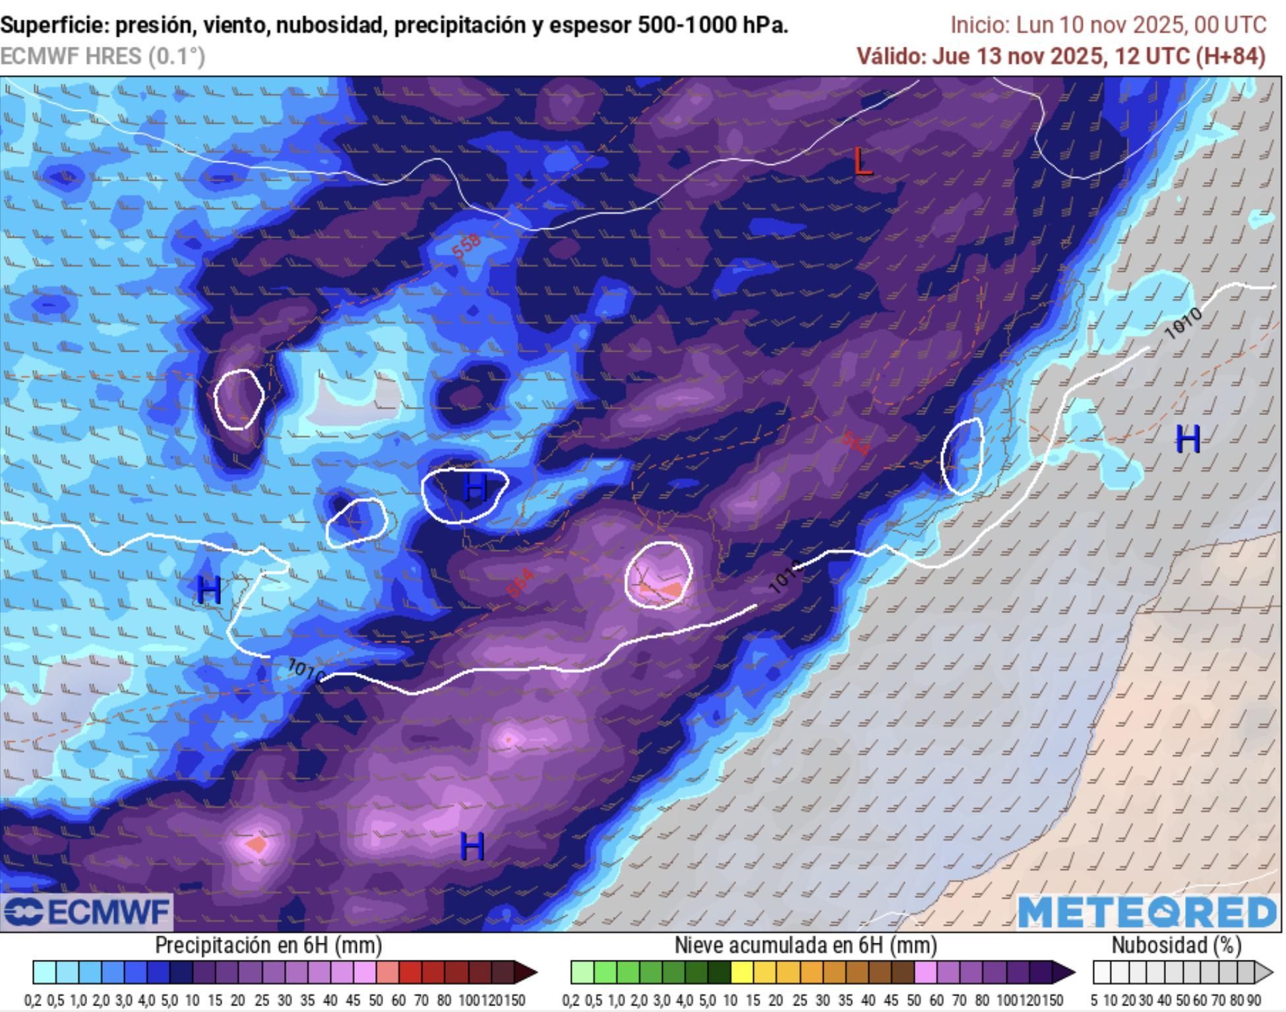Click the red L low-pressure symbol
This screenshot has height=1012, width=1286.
point(862,162)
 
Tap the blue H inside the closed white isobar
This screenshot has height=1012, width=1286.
point(475,489)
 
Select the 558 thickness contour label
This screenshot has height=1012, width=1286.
point(467,247)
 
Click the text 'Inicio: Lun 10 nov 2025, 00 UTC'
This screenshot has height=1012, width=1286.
point(1108,25)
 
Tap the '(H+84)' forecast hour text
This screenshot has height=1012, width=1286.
point(1231,56)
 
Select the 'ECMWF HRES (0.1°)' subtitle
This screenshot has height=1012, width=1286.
point(102,56)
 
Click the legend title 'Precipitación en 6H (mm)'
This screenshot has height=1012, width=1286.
point(268,945)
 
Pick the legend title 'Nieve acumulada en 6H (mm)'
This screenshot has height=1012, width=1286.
point(805,945)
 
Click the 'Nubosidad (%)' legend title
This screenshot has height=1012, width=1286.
point(1177,945)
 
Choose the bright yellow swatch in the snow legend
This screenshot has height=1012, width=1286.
point(743,972)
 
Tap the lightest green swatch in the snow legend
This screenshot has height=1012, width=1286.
point(582,972)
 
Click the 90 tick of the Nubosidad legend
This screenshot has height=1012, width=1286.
point(1253,1001)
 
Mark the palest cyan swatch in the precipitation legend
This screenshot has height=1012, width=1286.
point(44,972)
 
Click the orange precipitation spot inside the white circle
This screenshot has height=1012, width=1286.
point(671,588)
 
